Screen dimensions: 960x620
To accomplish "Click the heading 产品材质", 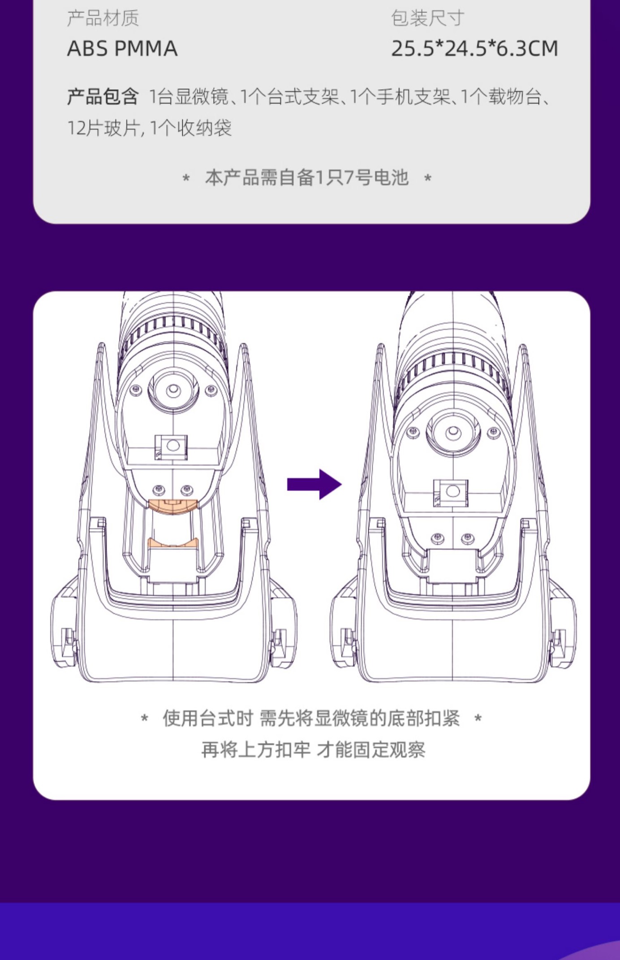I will point(103,18).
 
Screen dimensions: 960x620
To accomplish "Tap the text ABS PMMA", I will point(122,48).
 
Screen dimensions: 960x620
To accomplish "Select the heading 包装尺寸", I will point(427,18).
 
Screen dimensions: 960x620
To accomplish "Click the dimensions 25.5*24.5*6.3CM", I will point(474,48).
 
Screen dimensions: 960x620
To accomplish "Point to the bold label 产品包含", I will point(103,97).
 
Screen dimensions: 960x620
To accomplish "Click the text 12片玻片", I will point(103,129).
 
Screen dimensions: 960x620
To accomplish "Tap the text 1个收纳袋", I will point(190,129).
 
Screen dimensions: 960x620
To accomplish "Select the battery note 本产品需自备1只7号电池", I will point(307,178).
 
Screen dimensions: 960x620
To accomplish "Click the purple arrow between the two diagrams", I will point(314,484).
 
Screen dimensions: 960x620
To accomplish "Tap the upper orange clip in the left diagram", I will point(172,507).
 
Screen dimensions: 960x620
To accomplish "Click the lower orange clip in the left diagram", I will point(173,543).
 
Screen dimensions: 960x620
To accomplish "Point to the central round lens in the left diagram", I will point(173,391).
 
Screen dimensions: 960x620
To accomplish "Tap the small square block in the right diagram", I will point(452,492).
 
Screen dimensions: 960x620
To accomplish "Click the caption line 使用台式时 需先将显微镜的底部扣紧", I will point(311,718).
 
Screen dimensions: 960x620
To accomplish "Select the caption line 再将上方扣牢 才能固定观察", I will point(313,749).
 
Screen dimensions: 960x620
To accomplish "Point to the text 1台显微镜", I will point(189,97).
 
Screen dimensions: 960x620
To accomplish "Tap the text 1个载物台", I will point(501,97).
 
